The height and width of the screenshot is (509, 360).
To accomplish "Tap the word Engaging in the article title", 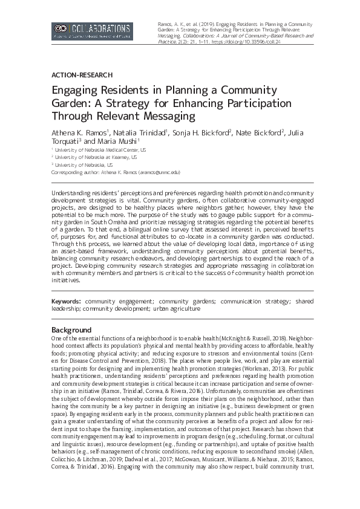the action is (x=76, y=89).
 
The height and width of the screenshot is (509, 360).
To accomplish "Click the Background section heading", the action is (x=71, y=330).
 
